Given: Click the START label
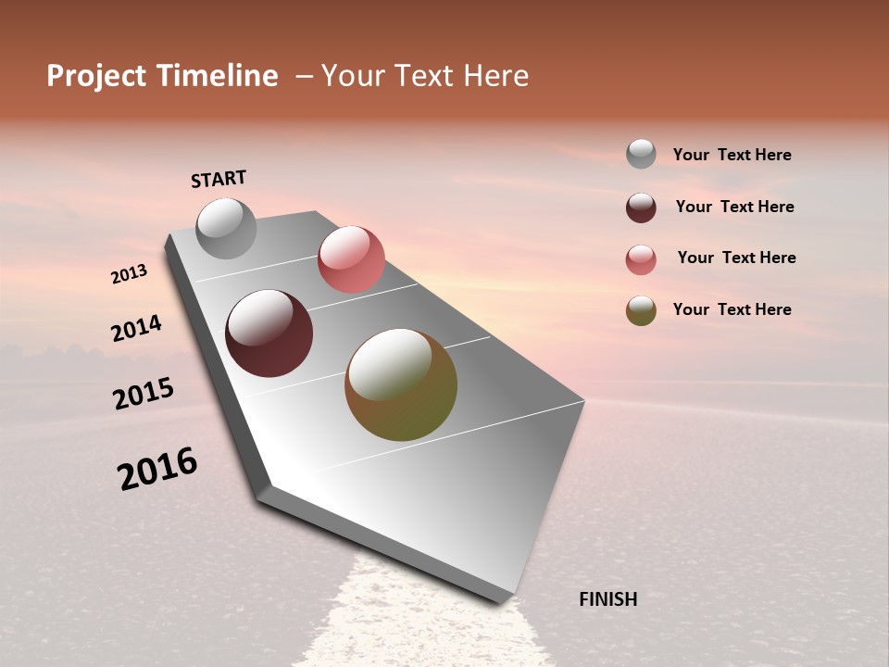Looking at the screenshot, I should pyautogui.click(x=219, y=179).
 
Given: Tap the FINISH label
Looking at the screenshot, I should pyautogui.click(x=608, y=599).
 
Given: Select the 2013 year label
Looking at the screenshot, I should pyautogui.click(x=130, y=273).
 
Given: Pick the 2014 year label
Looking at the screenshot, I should pyautogui.click(x=136, y=329).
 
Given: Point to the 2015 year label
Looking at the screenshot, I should pyautogui.click(x=144, y=394).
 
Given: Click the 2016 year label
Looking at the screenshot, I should pyautogui.click(x=157, y=469).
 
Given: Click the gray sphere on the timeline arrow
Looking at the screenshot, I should pyautogui.click(x=226, y=228).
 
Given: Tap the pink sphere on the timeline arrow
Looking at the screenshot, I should pyautogui.click(x=351, y=259).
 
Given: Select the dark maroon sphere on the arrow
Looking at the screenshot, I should pyautogui.click(x=269, y=333).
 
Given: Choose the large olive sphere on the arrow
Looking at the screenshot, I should pyautogui.click(x=401, y=384).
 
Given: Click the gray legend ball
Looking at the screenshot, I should pyautogui.click(x=641, y=154).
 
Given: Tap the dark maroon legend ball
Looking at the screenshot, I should pyautogui.click(x=641, y=208).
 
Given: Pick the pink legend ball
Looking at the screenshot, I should pyautogui.click(x=641, y=259).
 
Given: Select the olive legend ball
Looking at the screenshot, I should pyautogui.click(x=641, y=310).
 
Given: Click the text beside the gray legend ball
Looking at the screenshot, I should pyautogui.click(x=732, y=155).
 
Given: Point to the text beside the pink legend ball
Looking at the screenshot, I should pyautogui.click(x=736, y=258).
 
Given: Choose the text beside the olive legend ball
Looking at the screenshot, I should pyautogui.click(x=732, y=309).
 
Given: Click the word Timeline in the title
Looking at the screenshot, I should pyautogui.click(x=217, y=76).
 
